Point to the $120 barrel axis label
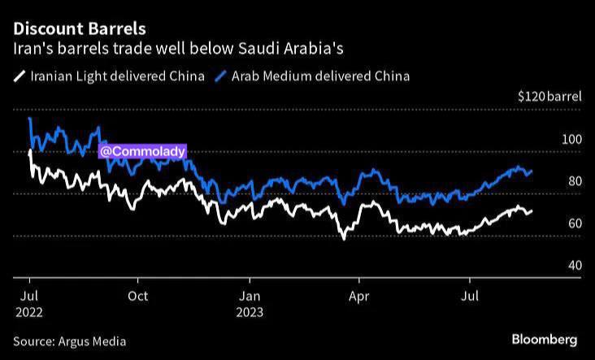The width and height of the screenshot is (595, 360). pos(549,97)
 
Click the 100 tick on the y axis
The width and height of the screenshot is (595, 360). pos(572,139)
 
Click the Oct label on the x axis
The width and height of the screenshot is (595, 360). pos(138,295)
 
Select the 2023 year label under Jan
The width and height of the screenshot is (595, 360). pos(249,310)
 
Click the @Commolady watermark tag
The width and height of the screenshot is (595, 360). pos(143,151)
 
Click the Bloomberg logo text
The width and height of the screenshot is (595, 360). pos(545,339)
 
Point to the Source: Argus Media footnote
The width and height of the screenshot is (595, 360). pos(70,341)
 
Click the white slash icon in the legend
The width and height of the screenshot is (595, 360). pos(19,76)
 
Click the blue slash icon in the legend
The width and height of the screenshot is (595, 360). pos(221,76)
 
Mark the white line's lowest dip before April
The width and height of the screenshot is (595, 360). pos(344,238)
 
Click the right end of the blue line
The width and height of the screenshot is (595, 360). pos(532,171)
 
